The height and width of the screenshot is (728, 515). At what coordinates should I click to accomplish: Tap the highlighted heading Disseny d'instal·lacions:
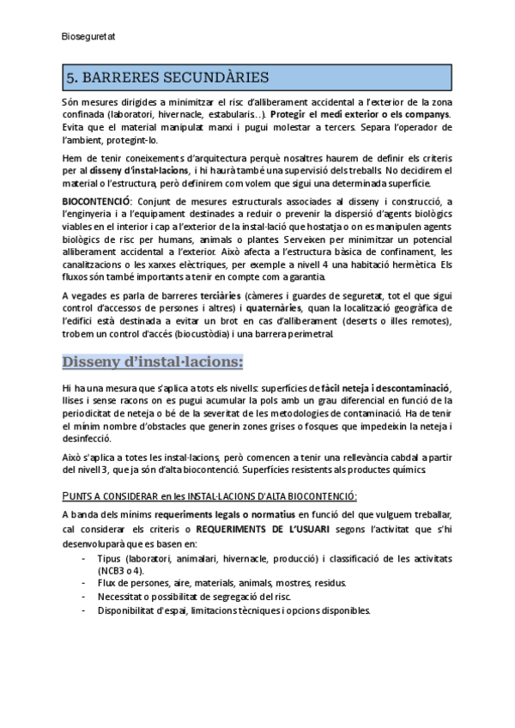[153, 361]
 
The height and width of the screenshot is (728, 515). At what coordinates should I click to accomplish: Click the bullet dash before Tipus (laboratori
[83, 558]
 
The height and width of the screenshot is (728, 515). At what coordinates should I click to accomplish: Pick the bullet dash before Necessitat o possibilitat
[83, 596]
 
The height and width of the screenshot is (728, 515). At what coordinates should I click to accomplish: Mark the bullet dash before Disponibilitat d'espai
[83, 610]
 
